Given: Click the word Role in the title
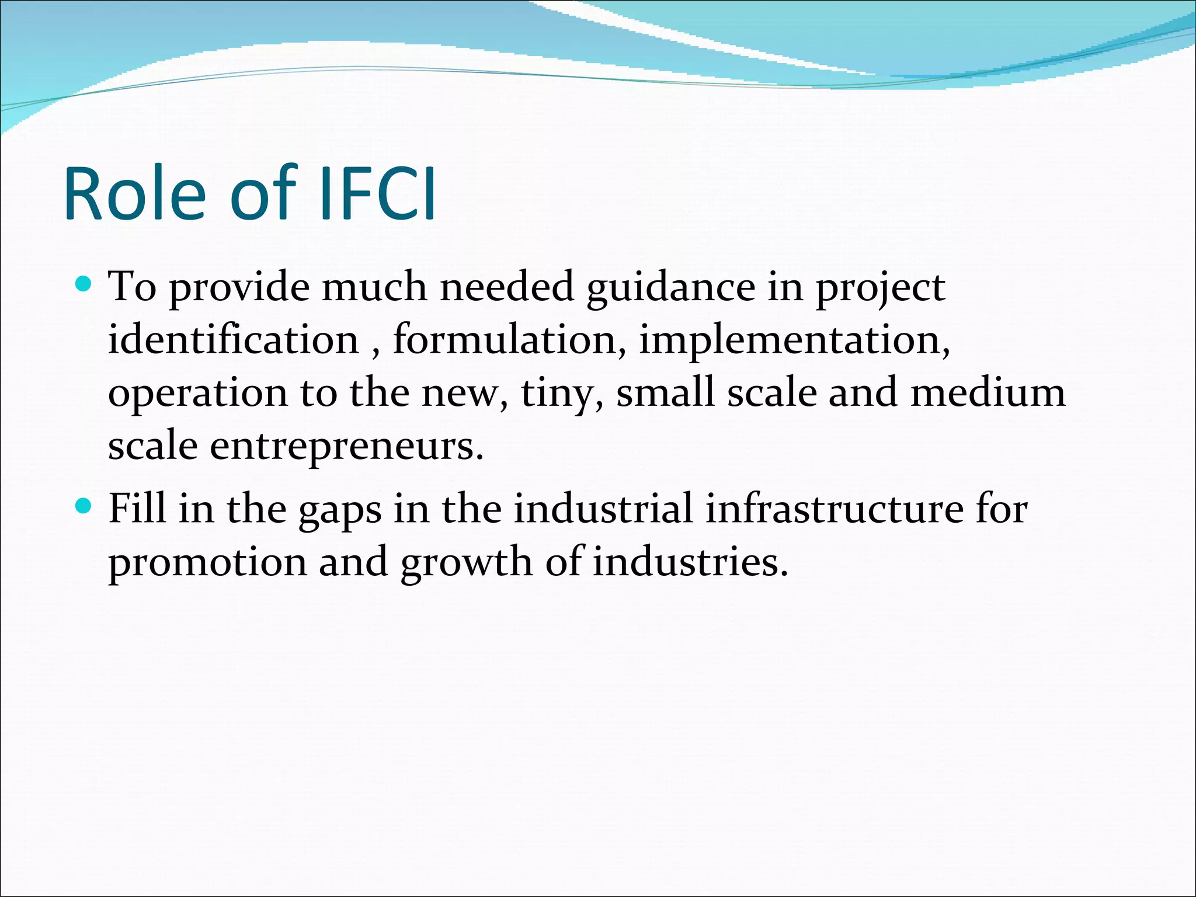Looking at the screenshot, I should (135, 194).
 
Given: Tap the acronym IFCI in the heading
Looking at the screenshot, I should (378, 194).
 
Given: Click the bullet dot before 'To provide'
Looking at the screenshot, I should (84, 284).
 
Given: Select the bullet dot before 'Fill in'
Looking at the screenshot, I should (84, 506).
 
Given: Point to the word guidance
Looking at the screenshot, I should (670, 288).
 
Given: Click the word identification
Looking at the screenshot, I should (233, 340).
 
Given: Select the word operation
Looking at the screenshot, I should (198, 394).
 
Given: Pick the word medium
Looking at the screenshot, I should (988, 392).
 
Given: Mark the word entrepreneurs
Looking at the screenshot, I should (346, 447).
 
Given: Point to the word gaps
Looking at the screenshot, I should (340, 510).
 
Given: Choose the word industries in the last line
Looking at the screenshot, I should (690, 562).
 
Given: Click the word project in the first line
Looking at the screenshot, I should (880, 288).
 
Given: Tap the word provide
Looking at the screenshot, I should (239, 288).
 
